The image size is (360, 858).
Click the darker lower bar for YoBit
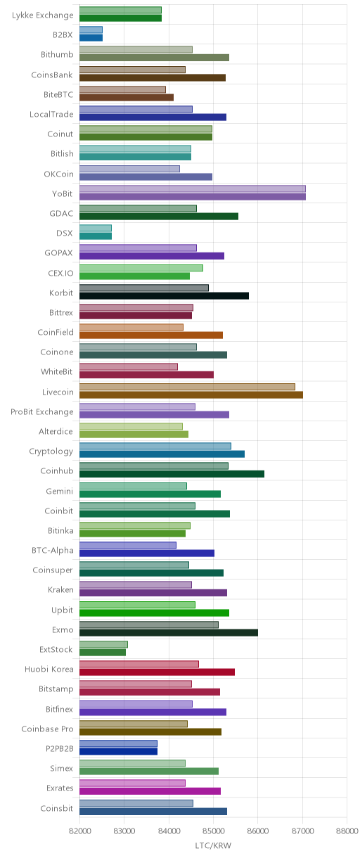192,196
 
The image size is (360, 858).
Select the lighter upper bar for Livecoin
187,387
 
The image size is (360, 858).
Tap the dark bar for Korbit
164,295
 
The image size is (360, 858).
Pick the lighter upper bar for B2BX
91,30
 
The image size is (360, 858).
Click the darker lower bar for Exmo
169,632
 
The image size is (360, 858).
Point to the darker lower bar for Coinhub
172,474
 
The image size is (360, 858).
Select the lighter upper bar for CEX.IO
141,268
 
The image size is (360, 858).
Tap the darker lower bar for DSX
96,236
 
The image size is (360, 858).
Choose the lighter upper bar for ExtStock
103,644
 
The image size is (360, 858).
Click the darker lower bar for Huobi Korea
157,672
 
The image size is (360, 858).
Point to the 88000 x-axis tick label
347,831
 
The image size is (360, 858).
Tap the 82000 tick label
79,831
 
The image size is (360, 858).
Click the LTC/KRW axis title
213,845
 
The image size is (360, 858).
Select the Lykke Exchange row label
42,15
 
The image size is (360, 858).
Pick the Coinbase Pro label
48,729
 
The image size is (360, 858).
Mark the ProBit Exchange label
42,411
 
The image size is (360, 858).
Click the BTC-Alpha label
53,551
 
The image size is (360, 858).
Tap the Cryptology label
51,452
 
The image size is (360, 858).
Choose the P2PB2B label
59,748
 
